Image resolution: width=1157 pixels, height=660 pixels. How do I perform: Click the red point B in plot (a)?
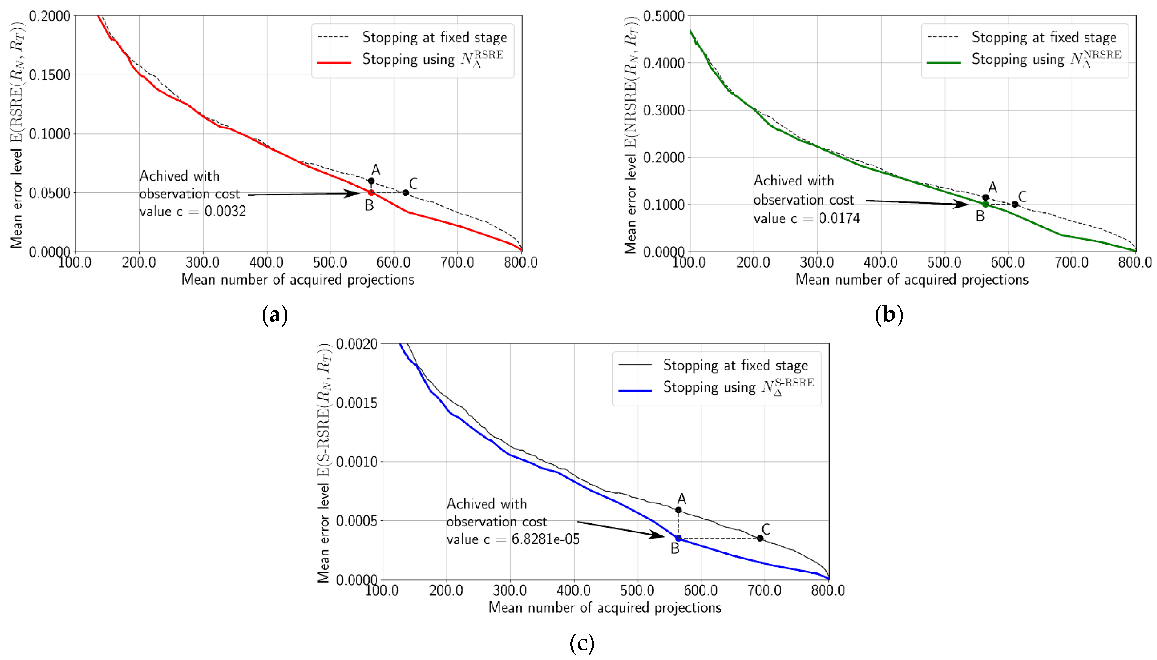pos(371,193)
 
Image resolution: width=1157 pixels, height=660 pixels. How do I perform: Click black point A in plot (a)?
pos(371,181)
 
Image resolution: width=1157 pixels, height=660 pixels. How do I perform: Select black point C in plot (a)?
pos(406,193)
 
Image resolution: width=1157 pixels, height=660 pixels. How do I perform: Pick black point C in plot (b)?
pos(1015,204)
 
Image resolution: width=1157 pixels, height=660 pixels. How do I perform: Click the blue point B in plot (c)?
pos(678,538)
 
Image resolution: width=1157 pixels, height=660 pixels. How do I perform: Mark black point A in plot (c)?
pos(678,510)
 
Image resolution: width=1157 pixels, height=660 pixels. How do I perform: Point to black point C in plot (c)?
pos(760,538)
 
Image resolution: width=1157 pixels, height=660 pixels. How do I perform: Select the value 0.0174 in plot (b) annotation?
pos(839,219)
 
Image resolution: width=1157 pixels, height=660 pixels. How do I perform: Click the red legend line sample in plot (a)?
pos(334,62)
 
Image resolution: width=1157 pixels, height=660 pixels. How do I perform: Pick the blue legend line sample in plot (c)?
pos(635,390)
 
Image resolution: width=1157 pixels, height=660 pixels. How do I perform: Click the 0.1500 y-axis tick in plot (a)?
pos(50,75)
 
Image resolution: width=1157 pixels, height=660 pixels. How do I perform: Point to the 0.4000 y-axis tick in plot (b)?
pos(664,63)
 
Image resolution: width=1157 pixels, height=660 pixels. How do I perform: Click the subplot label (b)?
pos(889,315)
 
